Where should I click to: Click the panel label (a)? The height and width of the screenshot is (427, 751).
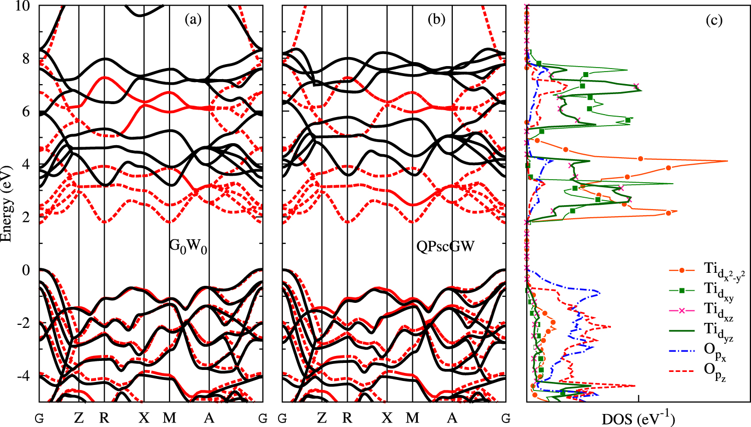tap(193, 20)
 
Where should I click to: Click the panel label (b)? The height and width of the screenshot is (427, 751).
tap(436, 20)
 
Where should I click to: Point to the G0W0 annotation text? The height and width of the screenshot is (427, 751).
tap(188, 246)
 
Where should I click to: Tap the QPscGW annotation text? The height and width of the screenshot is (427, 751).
tap(445, 246)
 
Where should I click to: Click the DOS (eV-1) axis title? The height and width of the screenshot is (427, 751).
tap(638, 418)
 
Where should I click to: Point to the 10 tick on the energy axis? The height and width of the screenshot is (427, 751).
tap(23, 7)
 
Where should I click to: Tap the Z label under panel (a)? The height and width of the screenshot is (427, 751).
tap(79, 417)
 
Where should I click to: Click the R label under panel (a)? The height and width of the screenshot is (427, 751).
tap(104, 417)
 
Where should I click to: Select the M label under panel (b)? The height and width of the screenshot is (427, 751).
tap(412, 417)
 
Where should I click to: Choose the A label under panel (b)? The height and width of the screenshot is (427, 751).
tap(452, 417)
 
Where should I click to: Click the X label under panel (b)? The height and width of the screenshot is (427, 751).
tap(387, 417)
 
